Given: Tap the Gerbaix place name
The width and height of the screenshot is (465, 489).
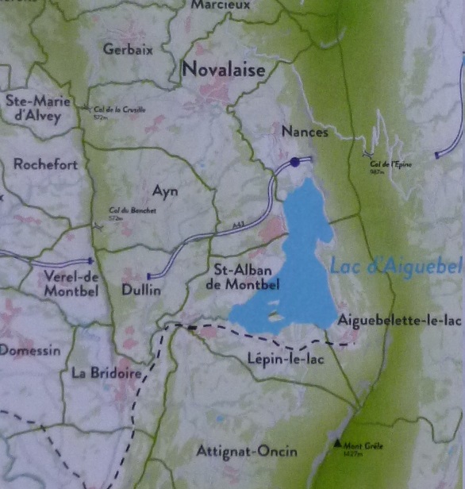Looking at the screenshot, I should point(129,48).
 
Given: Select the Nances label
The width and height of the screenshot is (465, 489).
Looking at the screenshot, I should point(305,133).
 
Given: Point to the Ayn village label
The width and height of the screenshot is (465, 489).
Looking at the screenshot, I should point(165,191).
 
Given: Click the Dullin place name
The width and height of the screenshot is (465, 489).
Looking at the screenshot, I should point(141,291).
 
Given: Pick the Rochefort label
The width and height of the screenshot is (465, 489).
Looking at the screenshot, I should point(46,165).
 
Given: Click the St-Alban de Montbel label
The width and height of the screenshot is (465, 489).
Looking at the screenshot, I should point(247,276).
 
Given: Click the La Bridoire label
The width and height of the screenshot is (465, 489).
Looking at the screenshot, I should point(106,372).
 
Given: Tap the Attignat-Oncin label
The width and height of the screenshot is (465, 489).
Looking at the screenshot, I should point(247,452).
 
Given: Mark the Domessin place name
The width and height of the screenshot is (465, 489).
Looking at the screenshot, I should point(30,349).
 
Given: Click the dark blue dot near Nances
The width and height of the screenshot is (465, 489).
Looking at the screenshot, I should point(295,162).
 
